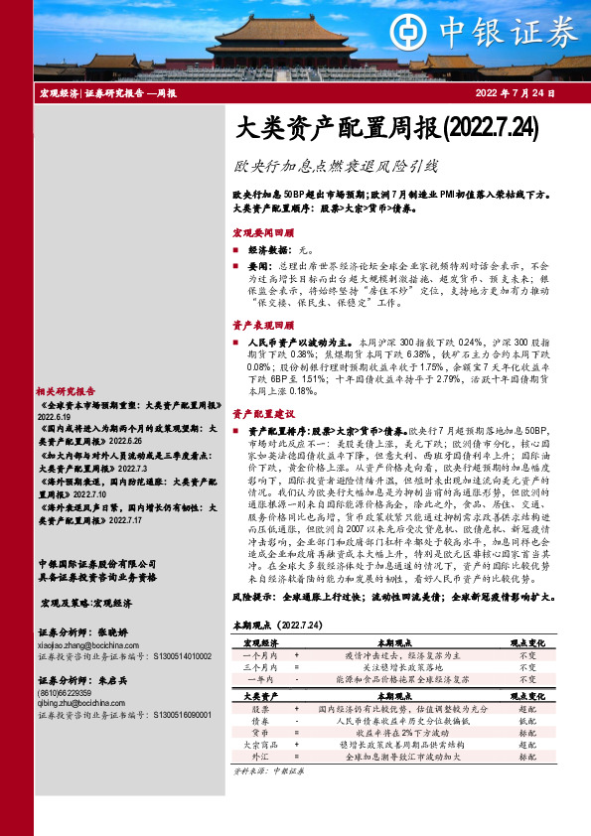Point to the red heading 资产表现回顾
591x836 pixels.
click(263, 325)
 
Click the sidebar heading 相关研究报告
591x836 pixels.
click(66, 391)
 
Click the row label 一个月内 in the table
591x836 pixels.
click(260, 656)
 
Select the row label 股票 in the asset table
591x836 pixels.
click(260, 709)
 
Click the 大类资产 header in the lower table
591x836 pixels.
click(261, 697)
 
